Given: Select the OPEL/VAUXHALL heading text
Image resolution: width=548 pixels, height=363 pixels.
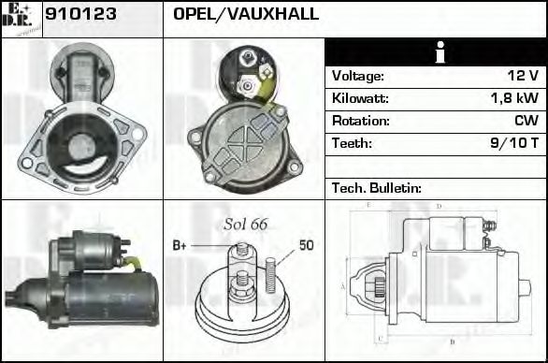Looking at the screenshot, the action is point(246,14).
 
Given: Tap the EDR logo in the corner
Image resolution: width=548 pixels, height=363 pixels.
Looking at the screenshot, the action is point(21,19).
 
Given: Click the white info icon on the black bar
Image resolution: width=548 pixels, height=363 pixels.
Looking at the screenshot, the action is point(435,52).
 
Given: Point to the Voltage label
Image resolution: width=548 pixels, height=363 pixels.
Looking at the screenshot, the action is point(357,76).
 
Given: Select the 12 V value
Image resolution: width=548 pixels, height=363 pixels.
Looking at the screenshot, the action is point(522,76).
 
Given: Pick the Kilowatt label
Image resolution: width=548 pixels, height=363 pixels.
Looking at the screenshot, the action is point(360,98).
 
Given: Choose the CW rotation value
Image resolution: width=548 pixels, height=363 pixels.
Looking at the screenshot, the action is point(526,121).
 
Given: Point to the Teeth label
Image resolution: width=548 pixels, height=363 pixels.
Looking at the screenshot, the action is point(352,143).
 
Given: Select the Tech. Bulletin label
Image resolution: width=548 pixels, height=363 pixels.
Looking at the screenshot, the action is point(376,188).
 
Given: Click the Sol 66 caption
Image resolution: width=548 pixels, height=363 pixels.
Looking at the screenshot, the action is point(245,224).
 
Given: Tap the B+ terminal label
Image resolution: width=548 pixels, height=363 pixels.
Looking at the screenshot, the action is point(180,245).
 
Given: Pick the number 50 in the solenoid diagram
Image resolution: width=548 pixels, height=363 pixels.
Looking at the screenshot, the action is point(306,245).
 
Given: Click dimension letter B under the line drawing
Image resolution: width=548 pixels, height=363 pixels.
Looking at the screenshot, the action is point(453,341).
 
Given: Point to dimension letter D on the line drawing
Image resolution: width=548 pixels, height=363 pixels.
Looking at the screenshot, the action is point(439,206).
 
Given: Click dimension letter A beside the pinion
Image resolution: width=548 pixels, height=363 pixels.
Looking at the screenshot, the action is point(343,285).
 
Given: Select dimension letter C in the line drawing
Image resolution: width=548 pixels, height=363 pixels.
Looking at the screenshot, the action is point(377,338).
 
